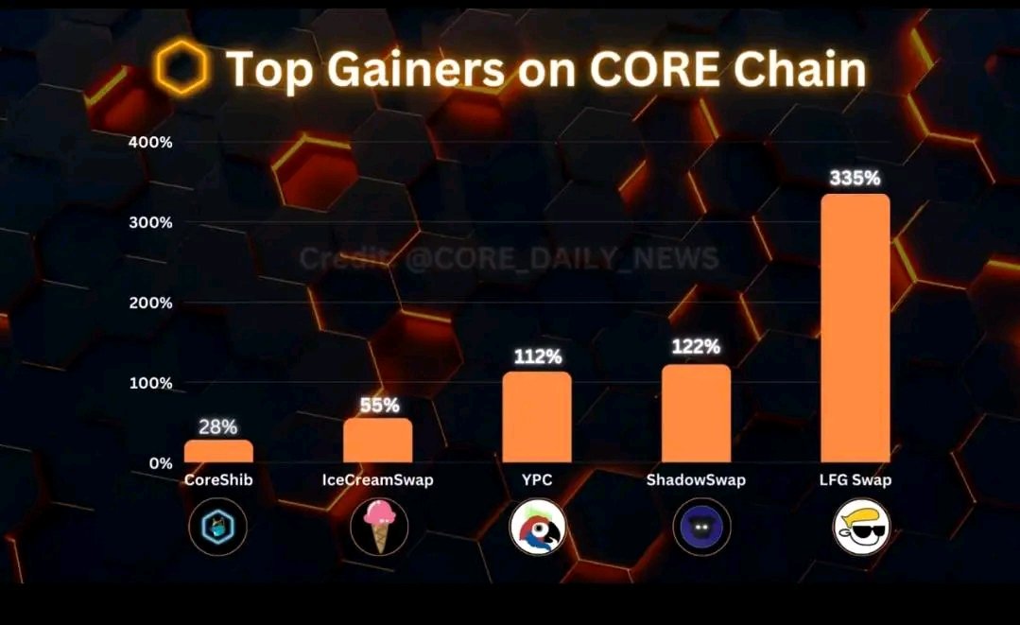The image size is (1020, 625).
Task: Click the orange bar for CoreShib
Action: (x=218, y=451)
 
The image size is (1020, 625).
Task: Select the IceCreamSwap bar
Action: (x=377, y=441)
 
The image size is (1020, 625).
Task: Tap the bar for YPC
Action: (x=537, y=417)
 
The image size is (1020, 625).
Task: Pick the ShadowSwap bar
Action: (x=696, y=413)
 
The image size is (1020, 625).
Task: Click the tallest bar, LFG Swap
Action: (x=855, y=328)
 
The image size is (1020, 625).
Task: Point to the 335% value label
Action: (x=855, y=179)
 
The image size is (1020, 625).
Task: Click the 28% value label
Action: (x=218, y=426)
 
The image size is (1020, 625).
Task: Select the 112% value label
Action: (x=537, y=356)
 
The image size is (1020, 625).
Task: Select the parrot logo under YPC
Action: (x=537, y=527)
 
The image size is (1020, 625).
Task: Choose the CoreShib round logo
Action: (x=217, y=527)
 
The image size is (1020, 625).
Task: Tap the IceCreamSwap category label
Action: (x=377, y=480)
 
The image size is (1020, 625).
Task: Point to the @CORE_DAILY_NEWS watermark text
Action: (x=562, y=258)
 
